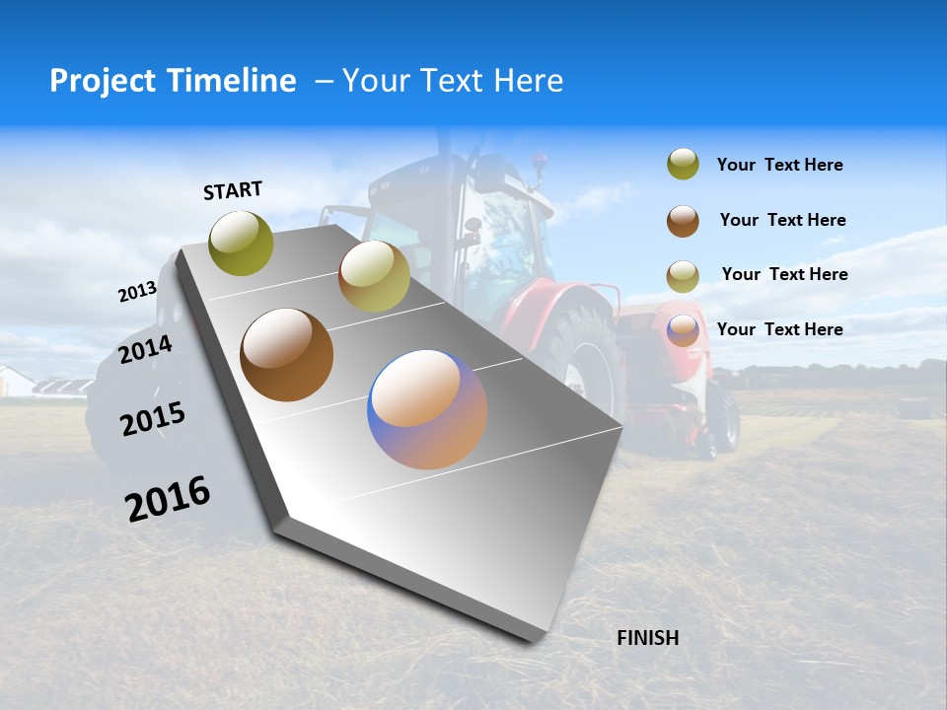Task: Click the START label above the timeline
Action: [x=233, y=190]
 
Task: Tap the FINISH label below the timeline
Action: [x=647, y=638]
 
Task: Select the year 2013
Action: [x=137, y=292]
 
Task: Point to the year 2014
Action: [x=146, y=349]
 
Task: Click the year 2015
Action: [x=153, y=419]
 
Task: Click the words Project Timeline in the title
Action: [x=173, y=81]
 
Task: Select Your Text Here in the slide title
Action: [x=453, y=81]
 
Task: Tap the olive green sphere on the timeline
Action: [x=241, y=243]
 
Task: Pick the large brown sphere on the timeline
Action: [x=286, y=355]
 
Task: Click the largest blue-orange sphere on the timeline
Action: [x=427, y=409]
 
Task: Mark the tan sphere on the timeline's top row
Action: [x=374, y=276]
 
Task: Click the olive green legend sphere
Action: [x=683, y=165]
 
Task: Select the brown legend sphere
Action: [x=683, y=221]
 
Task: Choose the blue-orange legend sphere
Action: [x=683, y=330]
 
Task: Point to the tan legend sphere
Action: [x=683, y=276]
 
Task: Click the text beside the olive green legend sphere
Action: [x=779, y=165]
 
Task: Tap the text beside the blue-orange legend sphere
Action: [x=779, y=329]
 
